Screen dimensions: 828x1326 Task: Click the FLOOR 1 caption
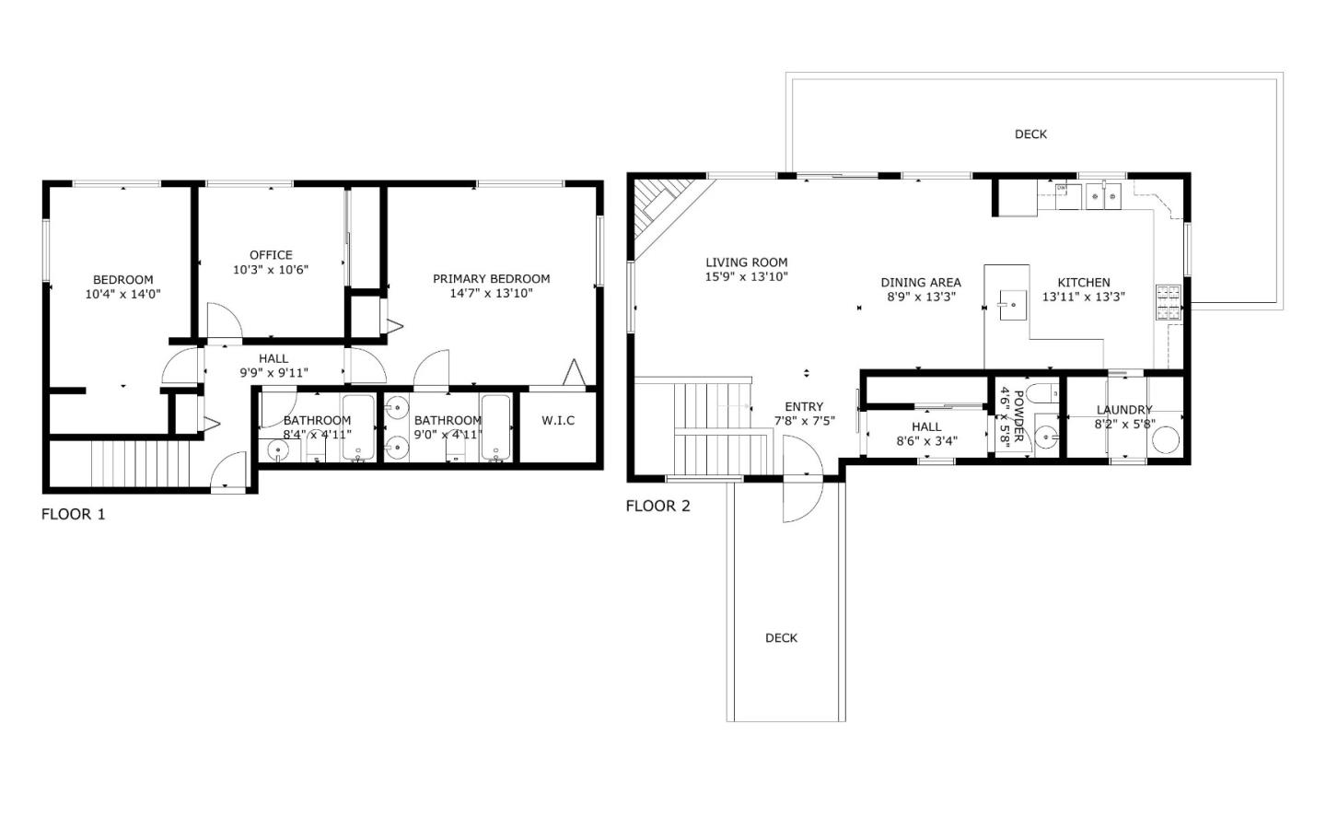point(74,514)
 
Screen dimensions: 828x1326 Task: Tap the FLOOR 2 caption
point(657,506)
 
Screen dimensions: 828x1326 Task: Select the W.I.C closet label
point(558,421)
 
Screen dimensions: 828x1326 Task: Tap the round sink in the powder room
point(1046,436)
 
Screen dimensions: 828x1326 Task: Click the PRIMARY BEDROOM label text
point(491,279)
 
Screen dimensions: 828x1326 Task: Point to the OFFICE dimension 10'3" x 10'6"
point(271,270)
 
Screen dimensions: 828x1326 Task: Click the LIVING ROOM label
point(747,262)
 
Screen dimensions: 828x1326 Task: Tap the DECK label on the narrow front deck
point(781,638)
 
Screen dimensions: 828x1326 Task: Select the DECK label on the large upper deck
point(1030,134)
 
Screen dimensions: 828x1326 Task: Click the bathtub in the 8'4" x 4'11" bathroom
point(358,427)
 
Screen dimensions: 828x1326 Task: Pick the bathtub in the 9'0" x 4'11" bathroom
point(495,427)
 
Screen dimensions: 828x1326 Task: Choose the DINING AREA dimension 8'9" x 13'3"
point(921,297)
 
